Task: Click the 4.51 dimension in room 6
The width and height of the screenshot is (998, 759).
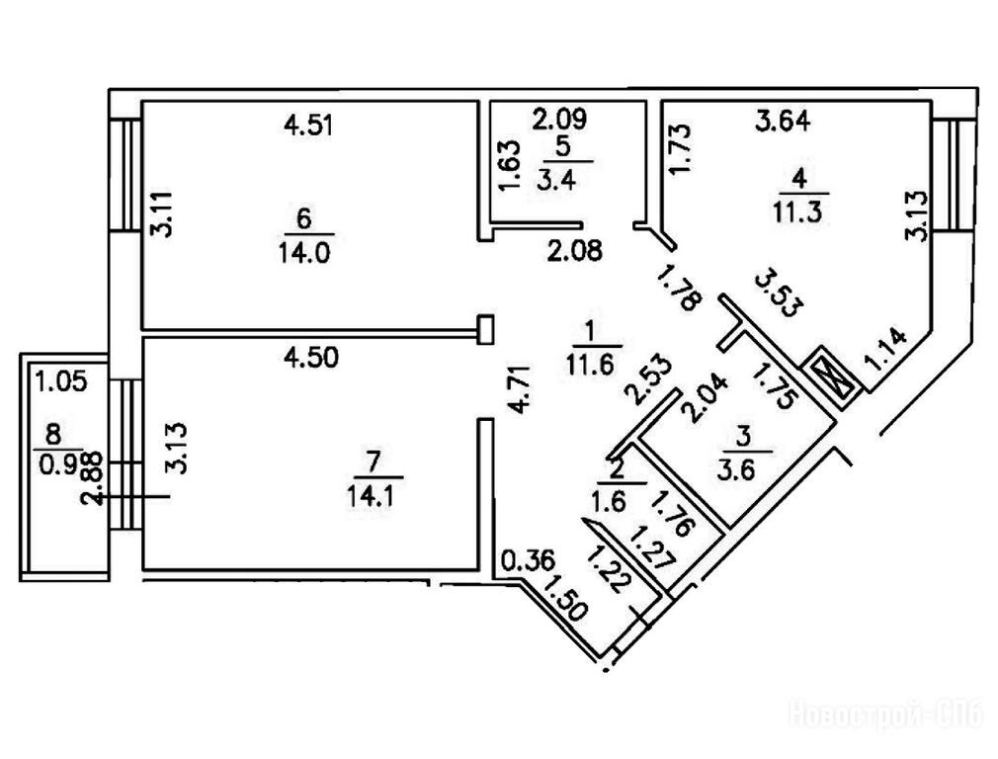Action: (306, 126)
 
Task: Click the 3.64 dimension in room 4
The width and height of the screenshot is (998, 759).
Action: (782, 123)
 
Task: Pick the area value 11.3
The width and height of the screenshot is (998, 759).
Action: (800, 209)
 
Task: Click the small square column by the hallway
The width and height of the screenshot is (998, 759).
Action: (484, 330)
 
